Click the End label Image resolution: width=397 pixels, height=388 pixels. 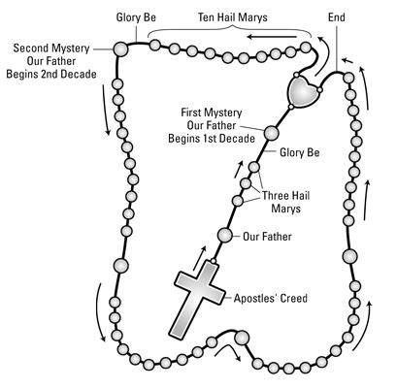coord(337,16)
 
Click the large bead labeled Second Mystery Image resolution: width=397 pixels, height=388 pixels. coord(120,48)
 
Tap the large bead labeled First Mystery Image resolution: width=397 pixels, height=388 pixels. coord(272,131)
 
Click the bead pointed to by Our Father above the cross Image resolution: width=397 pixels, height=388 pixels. coord(225,235)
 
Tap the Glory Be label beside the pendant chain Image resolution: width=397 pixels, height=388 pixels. coord(299,152)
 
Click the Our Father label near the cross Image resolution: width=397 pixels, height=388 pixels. coord(267,235)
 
